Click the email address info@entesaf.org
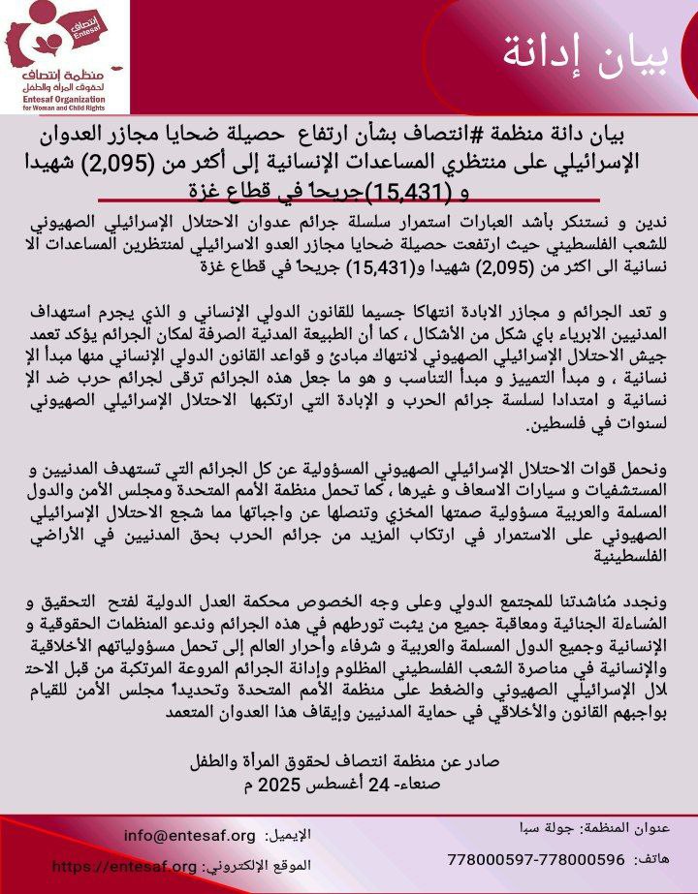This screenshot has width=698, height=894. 190,835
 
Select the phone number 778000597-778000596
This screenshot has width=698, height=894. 536,859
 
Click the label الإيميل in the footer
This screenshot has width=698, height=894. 292,835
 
